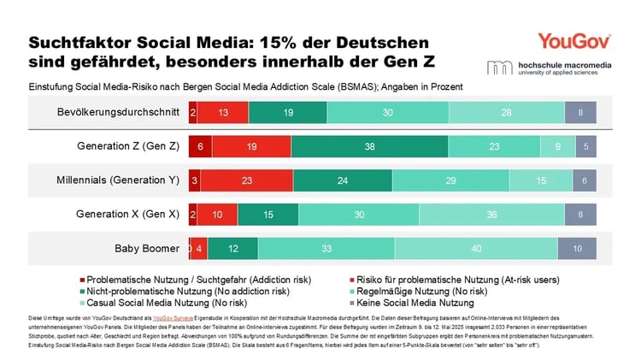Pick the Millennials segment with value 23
coord(247,180)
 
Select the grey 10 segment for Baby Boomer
coord(577,249)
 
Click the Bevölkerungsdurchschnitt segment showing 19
coord(288,112)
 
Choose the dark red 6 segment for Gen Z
coord(198,146)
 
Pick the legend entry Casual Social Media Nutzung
coord(177,303)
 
